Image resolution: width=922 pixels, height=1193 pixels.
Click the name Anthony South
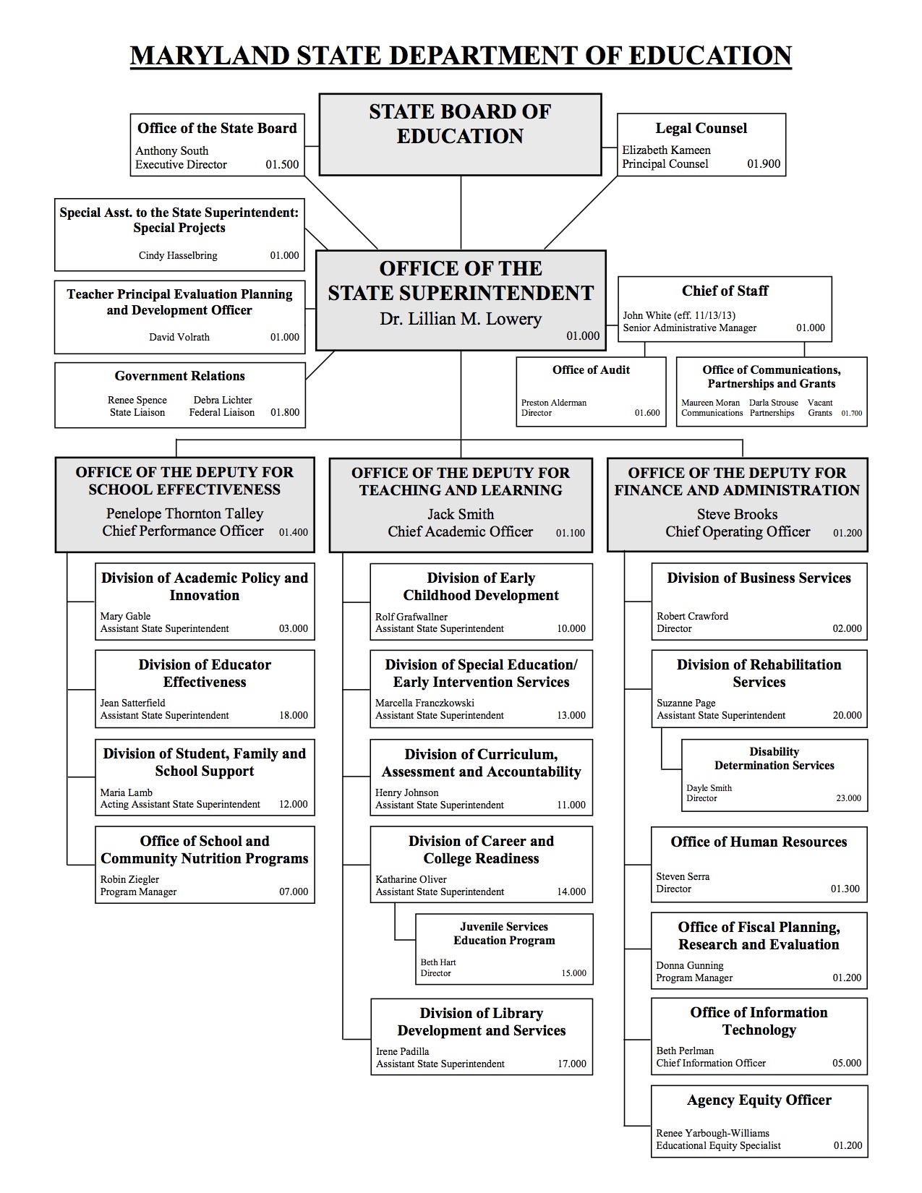point(172,150)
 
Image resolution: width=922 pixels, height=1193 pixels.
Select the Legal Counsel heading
point(701,128)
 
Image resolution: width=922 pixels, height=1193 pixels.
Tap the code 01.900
point(764,163)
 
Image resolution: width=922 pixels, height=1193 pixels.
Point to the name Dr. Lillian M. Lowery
point(461,319)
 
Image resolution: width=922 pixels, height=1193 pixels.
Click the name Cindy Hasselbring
point(178,255)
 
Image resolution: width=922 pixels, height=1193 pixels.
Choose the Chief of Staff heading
point(725,291)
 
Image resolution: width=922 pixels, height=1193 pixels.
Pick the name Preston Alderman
point(554,403)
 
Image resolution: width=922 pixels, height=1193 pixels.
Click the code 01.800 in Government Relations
point(285,412)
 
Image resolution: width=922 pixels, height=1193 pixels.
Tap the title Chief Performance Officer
point(183,531)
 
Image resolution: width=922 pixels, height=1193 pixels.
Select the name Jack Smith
point(461,514)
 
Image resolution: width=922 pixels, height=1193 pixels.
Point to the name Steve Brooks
point(737,514)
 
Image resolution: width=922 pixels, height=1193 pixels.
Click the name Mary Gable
point(126,616)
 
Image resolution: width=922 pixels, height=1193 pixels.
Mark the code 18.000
point(294,715)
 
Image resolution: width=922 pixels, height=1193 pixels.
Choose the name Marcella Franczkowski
point(424,703)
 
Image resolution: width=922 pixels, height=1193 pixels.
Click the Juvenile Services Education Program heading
point(504,933)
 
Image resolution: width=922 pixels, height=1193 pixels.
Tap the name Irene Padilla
point(402,1051)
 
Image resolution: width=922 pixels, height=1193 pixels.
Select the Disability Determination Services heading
point(774,758)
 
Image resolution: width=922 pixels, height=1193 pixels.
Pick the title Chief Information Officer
point(711,1063)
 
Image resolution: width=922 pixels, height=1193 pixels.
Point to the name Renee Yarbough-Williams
point(712,1133)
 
